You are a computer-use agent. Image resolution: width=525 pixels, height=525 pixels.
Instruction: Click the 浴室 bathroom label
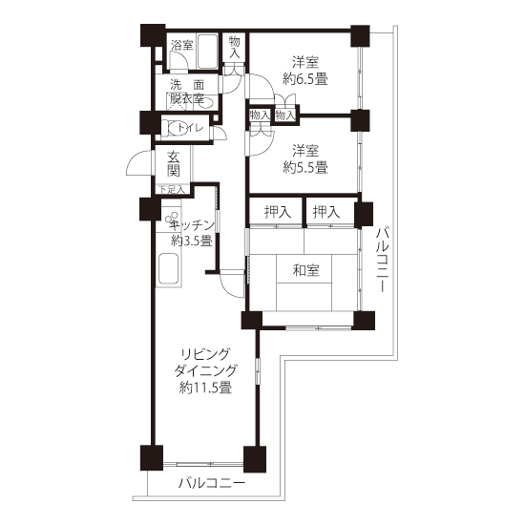coord(181,45)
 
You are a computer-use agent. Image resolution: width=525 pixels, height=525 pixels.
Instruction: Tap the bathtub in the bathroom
coord(207,52)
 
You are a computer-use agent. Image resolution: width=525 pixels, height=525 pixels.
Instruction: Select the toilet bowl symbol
coord(178,128)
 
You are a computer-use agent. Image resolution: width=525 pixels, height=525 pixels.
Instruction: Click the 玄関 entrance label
coord(174,164)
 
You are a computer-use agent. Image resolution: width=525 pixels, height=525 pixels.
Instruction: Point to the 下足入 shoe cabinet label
coord(172,190)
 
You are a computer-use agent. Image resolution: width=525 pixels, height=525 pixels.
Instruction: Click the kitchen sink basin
coord(168,268)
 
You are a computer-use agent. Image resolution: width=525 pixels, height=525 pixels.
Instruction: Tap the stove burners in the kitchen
coord(171,219)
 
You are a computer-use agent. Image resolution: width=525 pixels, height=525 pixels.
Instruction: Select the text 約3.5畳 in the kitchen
coord(192,241)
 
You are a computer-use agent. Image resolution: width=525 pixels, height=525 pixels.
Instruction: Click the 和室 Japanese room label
coord(306,270)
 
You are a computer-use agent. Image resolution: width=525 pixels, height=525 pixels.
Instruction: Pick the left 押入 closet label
coord(278,212)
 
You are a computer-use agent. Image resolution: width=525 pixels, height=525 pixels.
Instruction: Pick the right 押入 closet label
coord(326,212)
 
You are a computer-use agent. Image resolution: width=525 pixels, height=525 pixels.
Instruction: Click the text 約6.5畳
coord(305,79)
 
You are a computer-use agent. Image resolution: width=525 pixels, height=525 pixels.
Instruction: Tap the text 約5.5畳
coord(305,167)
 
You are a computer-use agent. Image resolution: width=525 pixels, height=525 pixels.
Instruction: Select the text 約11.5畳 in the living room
coord(205,388)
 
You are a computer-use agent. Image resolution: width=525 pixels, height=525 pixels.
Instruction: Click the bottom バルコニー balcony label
coord(212,483)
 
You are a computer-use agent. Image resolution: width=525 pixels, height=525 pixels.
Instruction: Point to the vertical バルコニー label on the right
coord(382,260)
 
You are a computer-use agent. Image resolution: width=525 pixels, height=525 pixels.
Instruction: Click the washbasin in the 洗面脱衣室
coord(204,102)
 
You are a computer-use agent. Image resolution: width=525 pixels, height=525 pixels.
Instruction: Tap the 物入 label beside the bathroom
coord(235,47)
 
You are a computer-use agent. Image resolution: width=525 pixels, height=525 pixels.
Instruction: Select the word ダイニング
coord(205,370)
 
